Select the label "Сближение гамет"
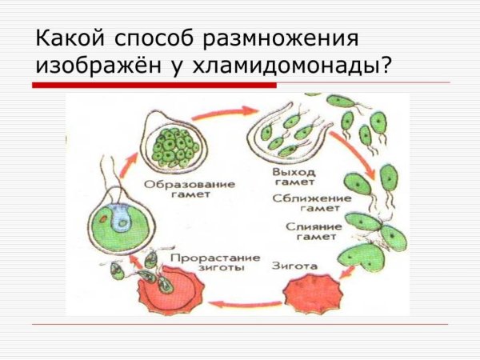(x=301, y=203)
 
